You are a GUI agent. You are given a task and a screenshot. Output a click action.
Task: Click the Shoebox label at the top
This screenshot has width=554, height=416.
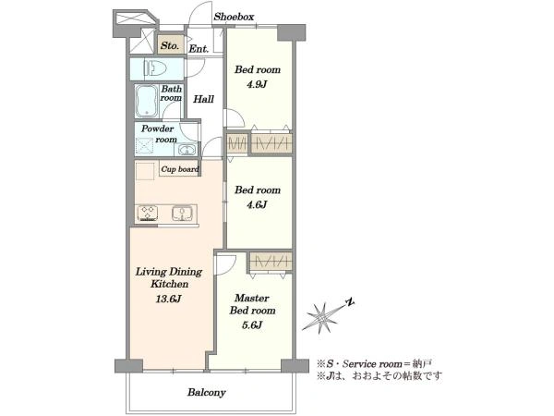234,17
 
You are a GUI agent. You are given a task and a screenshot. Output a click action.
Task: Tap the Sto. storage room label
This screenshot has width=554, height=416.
170,45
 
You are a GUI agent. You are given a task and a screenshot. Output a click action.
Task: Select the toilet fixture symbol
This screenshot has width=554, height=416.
155,68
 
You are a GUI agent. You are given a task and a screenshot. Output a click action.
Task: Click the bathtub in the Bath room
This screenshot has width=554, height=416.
146,101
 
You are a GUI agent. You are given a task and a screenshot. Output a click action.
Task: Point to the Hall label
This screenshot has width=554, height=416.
203,99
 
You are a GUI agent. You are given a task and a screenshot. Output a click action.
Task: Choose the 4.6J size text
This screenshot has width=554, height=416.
257,204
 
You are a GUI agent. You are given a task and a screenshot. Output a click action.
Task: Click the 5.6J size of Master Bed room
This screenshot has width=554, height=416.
251,324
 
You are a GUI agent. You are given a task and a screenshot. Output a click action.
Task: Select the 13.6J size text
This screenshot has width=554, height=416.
169,299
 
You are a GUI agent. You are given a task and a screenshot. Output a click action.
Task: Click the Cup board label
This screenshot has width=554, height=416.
180,169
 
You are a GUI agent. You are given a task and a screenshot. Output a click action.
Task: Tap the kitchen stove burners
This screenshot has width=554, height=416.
148,214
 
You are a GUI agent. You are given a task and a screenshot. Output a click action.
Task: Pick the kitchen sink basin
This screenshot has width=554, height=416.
182,213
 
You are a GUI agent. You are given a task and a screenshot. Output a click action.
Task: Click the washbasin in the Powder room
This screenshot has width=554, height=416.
186,150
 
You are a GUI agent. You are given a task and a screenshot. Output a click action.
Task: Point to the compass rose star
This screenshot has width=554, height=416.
321,318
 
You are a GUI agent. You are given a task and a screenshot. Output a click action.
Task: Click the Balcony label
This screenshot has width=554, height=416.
207,392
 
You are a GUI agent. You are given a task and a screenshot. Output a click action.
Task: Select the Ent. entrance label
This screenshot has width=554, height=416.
199,49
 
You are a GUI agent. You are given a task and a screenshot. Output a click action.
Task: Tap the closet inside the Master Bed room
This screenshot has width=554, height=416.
271,262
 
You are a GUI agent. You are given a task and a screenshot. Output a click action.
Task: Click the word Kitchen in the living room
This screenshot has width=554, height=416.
170,284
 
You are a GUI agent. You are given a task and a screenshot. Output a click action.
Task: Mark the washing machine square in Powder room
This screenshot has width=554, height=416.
145,146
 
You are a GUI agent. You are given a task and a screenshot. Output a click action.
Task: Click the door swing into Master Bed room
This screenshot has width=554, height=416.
226,264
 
